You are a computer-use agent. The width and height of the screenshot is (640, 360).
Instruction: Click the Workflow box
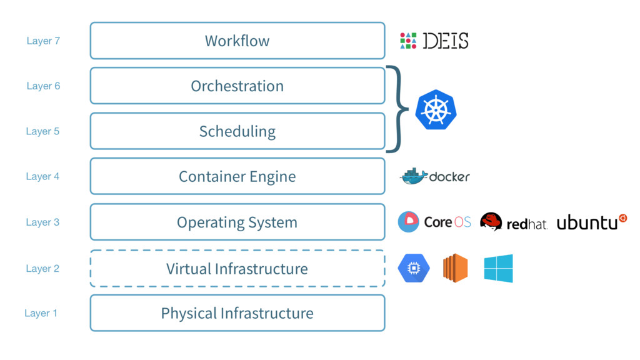(x=237, y=41)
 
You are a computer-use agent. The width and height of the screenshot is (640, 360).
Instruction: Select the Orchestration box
(x=237, y=86)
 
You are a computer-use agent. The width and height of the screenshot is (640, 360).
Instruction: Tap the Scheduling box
(x=237, y=131)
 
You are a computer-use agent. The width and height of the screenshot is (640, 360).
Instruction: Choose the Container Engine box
(x=237, y=176)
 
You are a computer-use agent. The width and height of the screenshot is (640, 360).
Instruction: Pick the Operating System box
(x=237, y=222)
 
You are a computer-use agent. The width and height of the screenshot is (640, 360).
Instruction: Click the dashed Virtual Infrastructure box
(x=237, y=269)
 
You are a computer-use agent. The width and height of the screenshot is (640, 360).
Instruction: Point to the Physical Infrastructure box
(x=237, y=313)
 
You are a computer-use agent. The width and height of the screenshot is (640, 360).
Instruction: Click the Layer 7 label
(x=43, y=41)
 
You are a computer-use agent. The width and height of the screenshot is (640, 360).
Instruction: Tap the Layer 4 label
(x=42, y=177)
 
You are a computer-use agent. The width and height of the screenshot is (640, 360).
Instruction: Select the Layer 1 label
(x=41, y=314)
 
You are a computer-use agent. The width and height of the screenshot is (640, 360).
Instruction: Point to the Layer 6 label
(x=43, y=86)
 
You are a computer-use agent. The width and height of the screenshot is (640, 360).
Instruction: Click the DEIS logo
(x=434, y=41)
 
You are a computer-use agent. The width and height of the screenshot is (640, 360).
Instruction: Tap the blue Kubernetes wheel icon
(x=436, y=109)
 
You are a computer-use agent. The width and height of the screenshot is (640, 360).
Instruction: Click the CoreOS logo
(x=434, y=222)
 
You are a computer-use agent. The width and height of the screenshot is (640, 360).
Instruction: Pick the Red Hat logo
(x=514, y=222)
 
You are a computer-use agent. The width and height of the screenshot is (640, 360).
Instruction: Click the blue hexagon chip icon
(x=414, y=268)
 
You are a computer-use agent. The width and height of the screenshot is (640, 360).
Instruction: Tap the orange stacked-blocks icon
(x=456, y=268)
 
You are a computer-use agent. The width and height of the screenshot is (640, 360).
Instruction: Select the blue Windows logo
(x=498, y=268)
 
